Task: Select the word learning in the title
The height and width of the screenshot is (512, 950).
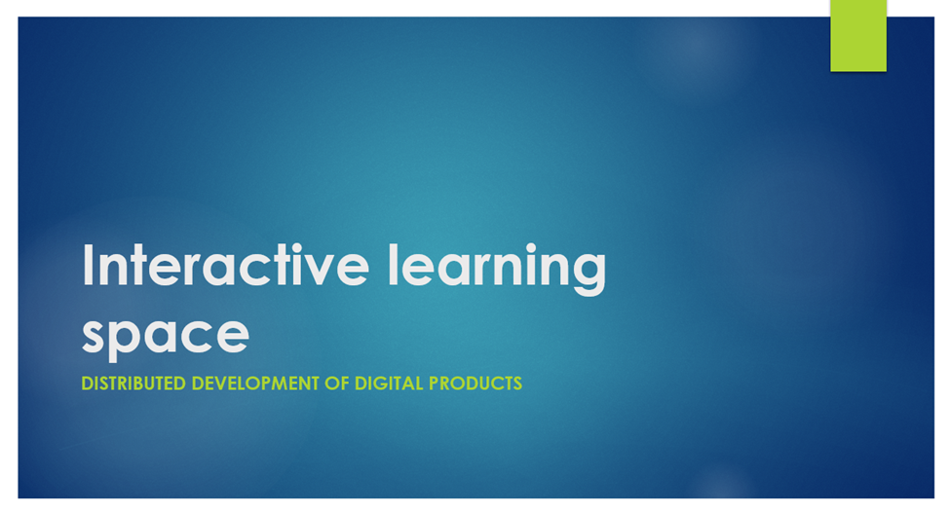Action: click(497, 269)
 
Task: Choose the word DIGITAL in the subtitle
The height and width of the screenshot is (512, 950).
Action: click(389, 384)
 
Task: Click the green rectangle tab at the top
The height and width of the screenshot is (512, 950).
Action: click(857, 35)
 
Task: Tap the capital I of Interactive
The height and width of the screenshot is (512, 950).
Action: click(88, 265)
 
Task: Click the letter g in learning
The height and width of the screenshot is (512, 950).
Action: click(589, 275)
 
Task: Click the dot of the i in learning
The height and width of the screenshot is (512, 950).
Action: click(531, 247)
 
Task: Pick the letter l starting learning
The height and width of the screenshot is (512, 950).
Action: click(394, 264)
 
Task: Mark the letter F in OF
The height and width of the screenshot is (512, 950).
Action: click(344, 384)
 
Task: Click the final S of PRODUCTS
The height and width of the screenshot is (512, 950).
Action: click(516, 384)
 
